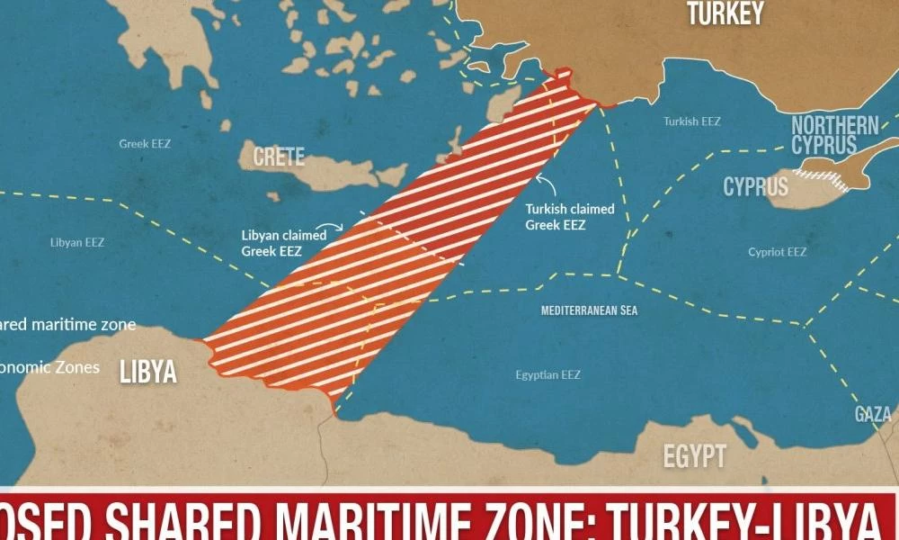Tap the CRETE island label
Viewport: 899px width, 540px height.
[279, 157]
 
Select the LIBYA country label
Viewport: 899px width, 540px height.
[148, 372]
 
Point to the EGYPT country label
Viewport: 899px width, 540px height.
[694, 455]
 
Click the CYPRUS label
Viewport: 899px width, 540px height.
[755, 186]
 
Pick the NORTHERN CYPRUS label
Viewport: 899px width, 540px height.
[834, 135]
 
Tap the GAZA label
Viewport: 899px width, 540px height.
[873, 414]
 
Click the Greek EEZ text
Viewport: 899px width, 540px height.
[145, 143]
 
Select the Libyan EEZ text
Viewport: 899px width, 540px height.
[77, 242]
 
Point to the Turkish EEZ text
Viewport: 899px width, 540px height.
[692, 121]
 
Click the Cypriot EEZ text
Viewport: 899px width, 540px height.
[778, 252]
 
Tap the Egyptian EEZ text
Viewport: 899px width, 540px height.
[548, 374]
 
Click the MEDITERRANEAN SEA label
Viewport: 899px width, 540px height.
[589, 310]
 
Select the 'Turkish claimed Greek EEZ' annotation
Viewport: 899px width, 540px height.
[570, 217]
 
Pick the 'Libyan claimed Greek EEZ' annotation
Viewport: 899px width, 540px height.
[283, 243]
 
